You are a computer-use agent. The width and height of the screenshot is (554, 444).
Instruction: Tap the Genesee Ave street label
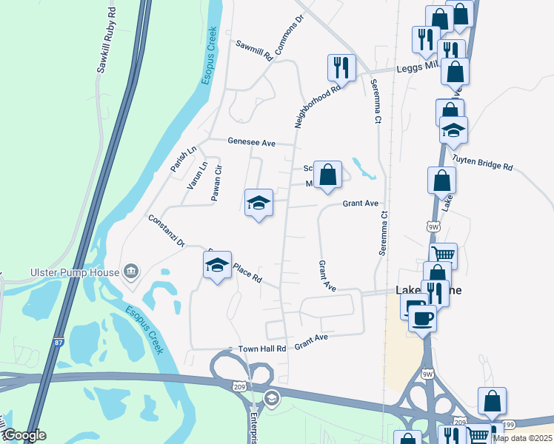[251, 143]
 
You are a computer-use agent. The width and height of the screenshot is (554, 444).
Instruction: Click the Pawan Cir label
[216, 184]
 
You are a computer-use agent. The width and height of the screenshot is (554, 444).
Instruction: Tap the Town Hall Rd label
[261, 349]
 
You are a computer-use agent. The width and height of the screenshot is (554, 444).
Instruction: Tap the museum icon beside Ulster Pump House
[132, 272]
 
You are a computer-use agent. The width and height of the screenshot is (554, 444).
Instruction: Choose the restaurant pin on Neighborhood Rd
[341, 67]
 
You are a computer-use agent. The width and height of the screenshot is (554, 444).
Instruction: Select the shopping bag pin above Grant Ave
[327, 175]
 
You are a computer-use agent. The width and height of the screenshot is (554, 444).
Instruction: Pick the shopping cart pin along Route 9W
[443, 257]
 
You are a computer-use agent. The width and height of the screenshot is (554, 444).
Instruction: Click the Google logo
[24, 435]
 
